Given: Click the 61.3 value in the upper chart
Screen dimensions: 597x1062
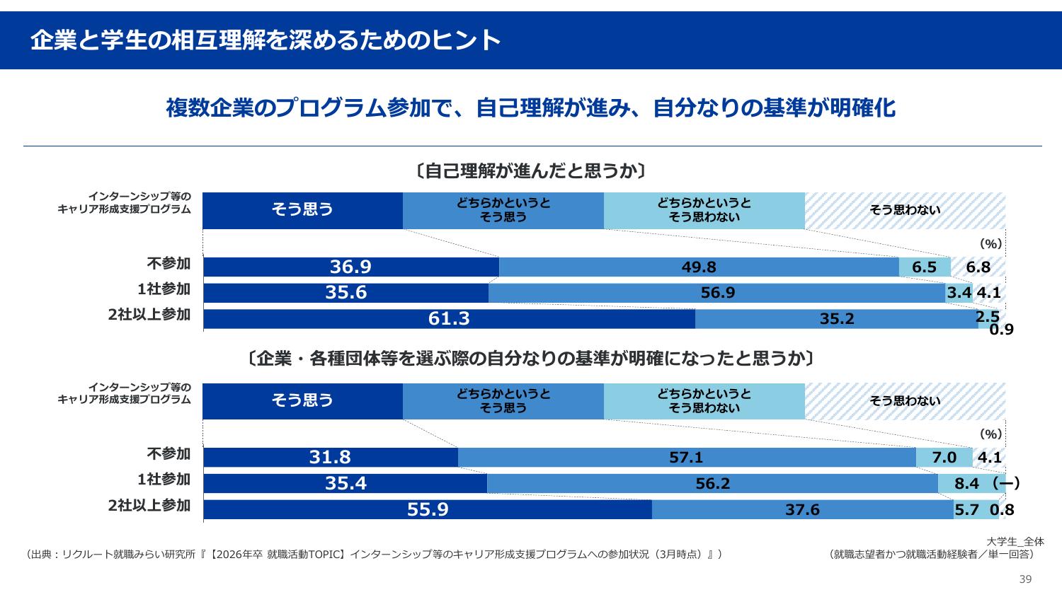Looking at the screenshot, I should click(449, 319).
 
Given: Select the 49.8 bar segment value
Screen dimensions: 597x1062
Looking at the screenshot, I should click(699, 267).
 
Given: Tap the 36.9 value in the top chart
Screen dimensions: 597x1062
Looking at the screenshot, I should click(350, 267).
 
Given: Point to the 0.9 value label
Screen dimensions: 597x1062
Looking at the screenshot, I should click(1001, 330).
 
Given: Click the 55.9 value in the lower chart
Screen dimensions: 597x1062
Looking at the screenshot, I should click(428, 509).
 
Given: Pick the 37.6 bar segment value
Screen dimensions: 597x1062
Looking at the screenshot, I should click(802, 509).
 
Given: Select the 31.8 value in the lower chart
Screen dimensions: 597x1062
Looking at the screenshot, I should click(330, 458).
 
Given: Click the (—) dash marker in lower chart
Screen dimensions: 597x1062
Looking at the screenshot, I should click(1005, 483).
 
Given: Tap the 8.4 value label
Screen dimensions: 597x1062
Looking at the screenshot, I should click(966, 484).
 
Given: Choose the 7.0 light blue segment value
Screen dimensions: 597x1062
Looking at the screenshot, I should click(944, 458).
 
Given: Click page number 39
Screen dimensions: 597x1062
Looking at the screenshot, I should click(1025, 579).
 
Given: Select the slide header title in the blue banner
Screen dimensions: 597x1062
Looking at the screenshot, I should click(265, 40).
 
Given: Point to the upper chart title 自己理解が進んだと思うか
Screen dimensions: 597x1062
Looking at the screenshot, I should click(531, 171).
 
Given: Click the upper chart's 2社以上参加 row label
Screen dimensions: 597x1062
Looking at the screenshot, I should click(149, 315).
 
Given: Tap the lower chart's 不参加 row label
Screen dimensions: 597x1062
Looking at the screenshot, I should click(169, 453).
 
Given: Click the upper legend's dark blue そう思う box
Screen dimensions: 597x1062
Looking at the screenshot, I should click(302, 210).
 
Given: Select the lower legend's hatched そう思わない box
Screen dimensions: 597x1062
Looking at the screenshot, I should click(905, 401).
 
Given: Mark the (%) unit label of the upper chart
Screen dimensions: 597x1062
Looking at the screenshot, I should click(990, 244).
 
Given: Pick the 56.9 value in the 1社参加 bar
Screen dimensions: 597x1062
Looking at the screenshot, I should click(717, 293).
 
